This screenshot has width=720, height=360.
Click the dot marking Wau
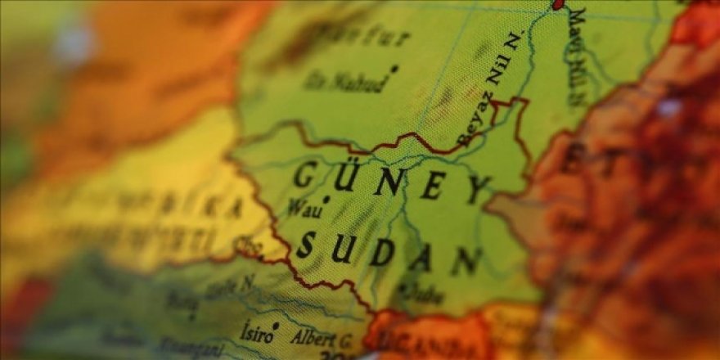tap(326, 199)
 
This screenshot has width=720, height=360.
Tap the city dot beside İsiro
tap(276, 326)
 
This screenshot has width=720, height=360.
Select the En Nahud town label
tap(344, 81)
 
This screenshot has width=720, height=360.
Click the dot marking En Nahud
tap(394, 69)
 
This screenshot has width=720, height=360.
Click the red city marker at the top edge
tap(559, 4)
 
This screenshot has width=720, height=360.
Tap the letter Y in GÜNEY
tap(479, 190)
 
